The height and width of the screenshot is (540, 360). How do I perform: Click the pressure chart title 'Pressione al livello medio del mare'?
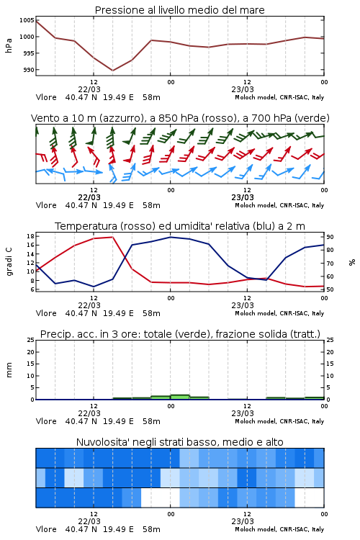click(179, 10)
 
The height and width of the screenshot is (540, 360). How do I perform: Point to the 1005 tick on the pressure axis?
click(27, 20)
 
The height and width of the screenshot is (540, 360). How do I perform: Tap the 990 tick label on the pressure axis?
click(29, 70)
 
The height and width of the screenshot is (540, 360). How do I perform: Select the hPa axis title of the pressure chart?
click(9, 45)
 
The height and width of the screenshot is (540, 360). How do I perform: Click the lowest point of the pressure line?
click(112, 71)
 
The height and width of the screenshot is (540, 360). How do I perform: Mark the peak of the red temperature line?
click(112, 237)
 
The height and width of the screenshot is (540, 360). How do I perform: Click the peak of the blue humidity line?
click(171, 237)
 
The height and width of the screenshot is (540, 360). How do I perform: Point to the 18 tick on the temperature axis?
click(30, 236)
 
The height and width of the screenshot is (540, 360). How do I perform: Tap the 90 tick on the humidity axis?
click(330, 237)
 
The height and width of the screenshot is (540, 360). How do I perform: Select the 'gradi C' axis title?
click(9, 261)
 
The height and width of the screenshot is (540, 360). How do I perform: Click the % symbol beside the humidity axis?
click(352, 262)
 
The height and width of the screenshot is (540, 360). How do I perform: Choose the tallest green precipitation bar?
click(180, 397)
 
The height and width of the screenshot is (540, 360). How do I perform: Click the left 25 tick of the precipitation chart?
click(30, 340)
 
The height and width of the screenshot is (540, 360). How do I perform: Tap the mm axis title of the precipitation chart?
click(9, 370)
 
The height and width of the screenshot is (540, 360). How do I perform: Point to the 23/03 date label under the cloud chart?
click(243, 521)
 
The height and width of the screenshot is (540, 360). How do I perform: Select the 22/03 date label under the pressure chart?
click(89, 89)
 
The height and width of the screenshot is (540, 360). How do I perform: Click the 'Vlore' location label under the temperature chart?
click(46, 313)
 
